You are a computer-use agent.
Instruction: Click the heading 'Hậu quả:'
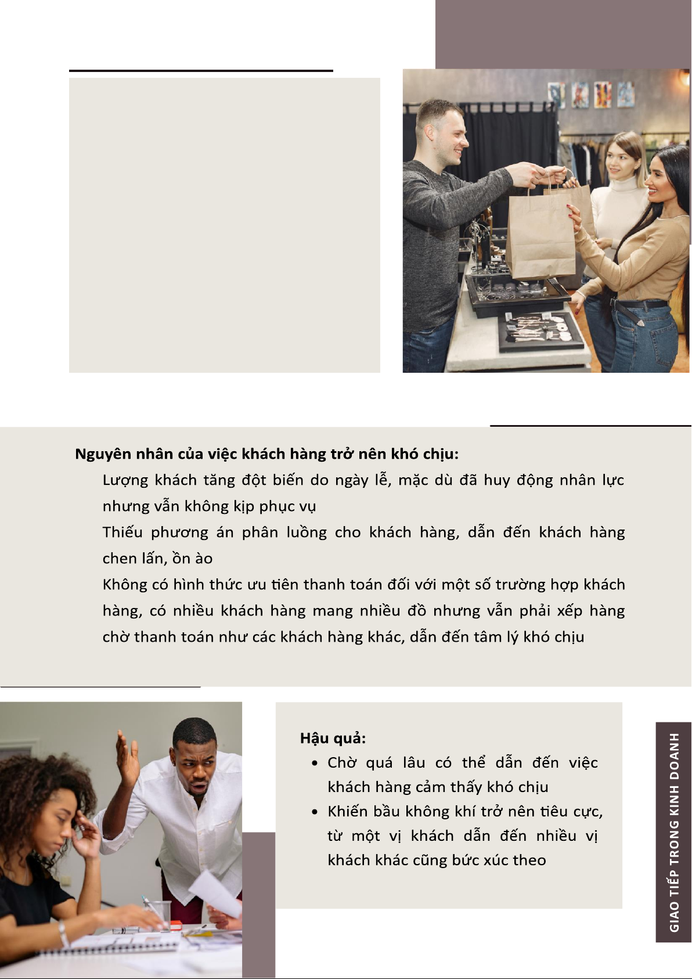[x=333, y=739]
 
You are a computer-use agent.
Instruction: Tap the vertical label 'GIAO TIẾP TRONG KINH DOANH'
[x=674, y=833]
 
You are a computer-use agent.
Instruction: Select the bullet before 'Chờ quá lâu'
[x=315, y=764]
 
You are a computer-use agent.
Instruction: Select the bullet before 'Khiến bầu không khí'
[x=315, y=812]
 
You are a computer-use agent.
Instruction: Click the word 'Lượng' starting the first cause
[x=125, y=481]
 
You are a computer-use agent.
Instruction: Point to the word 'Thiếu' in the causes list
[x=122, y=532]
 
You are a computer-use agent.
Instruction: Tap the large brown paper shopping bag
[x=541, y=234]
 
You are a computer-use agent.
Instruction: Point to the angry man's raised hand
[x=127, y=759]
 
